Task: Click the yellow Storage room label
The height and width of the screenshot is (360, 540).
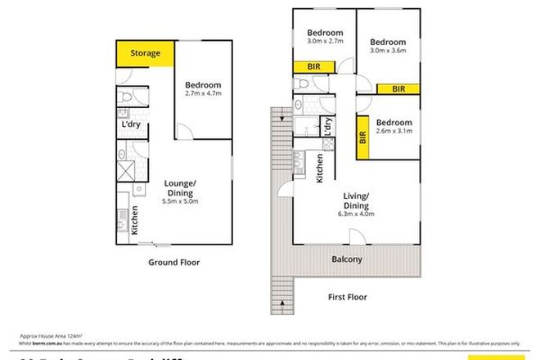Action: (x=144, y=54)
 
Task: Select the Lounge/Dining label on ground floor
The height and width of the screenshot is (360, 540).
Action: (x=179, y=187)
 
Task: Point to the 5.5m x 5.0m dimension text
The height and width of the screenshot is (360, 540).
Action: (x=179, y=202)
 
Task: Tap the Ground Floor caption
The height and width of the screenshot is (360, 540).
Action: (x=173, y=263)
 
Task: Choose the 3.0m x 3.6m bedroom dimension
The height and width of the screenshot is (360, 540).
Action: (x=388, y=53)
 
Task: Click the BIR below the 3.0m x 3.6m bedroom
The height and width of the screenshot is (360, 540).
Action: (x=398, y=88)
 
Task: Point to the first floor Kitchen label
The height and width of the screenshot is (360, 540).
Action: (x=319, y=168)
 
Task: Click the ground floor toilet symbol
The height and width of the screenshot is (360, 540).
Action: (x=123, y=97)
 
